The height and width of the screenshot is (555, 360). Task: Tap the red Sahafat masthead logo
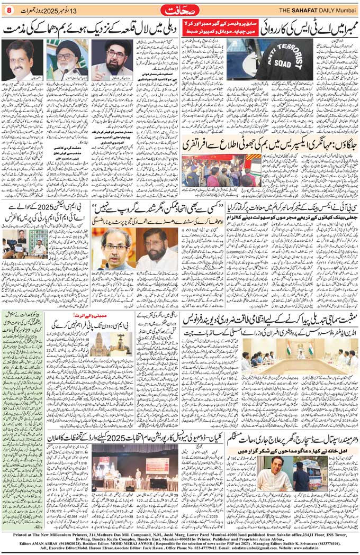[180, 10]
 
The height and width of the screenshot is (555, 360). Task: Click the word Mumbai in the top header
[345, 10]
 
